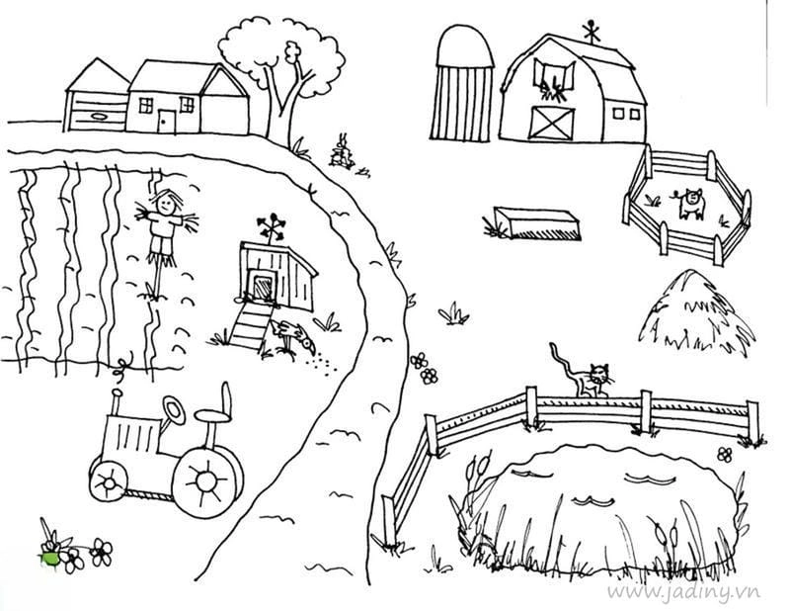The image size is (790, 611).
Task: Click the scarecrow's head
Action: pyautogui.click(x=166, y=204)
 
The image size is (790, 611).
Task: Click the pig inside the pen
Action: pyautogui.click(x=688, y=204)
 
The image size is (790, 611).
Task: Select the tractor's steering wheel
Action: pyautogui.click(x=174, y=410)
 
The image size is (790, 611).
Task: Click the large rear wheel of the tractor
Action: pyautogui.click(x=206, y=480)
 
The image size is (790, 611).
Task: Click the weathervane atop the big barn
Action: pyautogui.click(x=591, y=32)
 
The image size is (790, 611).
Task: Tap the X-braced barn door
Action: pyautogui.click(x=553, y=123)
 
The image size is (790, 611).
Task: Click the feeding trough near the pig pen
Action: pyautogui.click(x=537, y=223)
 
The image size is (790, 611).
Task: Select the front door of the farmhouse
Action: pyautogui.click(x=167, y=122)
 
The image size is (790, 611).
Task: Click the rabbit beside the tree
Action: pyautogui.click(x=342, y=150)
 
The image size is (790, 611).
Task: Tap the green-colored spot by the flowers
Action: pyautogui.click(x=48, y=558)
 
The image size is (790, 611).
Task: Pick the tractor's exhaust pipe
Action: pyautogui.click(x=117, y=402)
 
